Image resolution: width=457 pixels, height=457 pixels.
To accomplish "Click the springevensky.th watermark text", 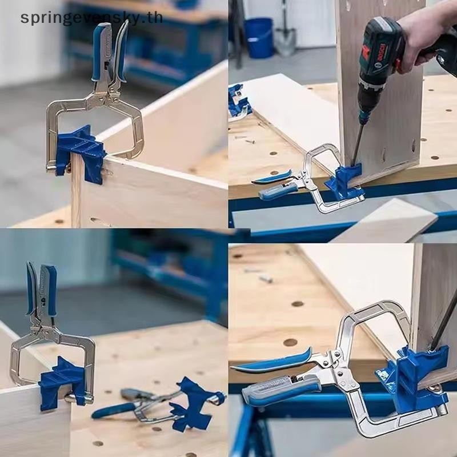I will point(91,17).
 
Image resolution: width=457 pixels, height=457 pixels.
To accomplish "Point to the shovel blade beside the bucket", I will point(285,41).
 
